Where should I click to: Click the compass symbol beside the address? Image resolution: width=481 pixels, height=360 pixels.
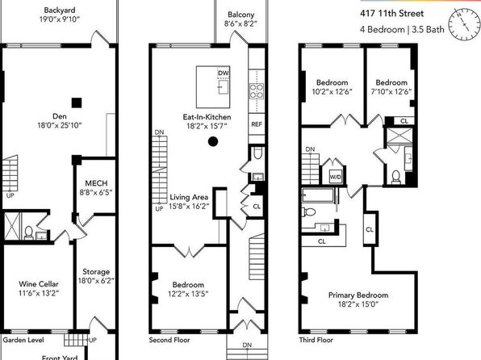coord(464,24)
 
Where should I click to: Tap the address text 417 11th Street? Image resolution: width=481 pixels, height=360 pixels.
coord(391,14)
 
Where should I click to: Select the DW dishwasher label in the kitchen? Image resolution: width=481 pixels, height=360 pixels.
coord(224,73)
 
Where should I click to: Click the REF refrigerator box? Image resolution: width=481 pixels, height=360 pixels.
coord(257,124)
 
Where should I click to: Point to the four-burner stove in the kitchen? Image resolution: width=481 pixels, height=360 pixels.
coord(257,91)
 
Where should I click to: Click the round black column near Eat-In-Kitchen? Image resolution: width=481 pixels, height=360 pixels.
coord(213,141)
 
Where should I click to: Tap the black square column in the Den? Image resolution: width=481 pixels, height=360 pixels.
coord(77,103)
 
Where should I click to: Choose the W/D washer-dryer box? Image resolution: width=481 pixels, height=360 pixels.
coord(335,177)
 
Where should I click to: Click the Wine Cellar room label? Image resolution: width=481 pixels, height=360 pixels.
coord(39,284)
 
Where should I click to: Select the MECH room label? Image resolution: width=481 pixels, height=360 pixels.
coord(96,183)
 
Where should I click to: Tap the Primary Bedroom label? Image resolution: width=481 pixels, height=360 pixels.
coord(358,295)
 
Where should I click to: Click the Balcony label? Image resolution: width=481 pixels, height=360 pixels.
coord(240,15)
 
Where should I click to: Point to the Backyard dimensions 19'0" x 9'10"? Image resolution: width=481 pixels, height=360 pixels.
coord(60,19)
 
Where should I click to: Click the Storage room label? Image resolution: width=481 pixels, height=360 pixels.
coord(96,271)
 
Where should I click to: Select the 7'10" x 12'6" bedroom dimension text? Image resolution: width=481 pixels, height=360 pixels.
coord(391,92)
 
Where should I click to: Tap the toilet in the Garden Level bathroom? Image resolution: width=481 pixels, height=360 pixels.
coord(28,232)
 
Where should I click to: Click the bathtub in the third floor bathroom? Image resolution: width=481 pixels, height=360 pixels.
coord(318,195)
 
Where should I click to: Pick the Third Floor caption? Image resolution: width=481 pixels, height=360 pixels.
coord(316,340)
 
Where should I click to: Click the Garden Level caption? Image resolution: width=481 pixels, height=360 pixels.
coord(23,340)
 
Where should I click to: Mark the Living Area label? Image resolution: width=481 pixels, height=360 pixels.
coord(189,197)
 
